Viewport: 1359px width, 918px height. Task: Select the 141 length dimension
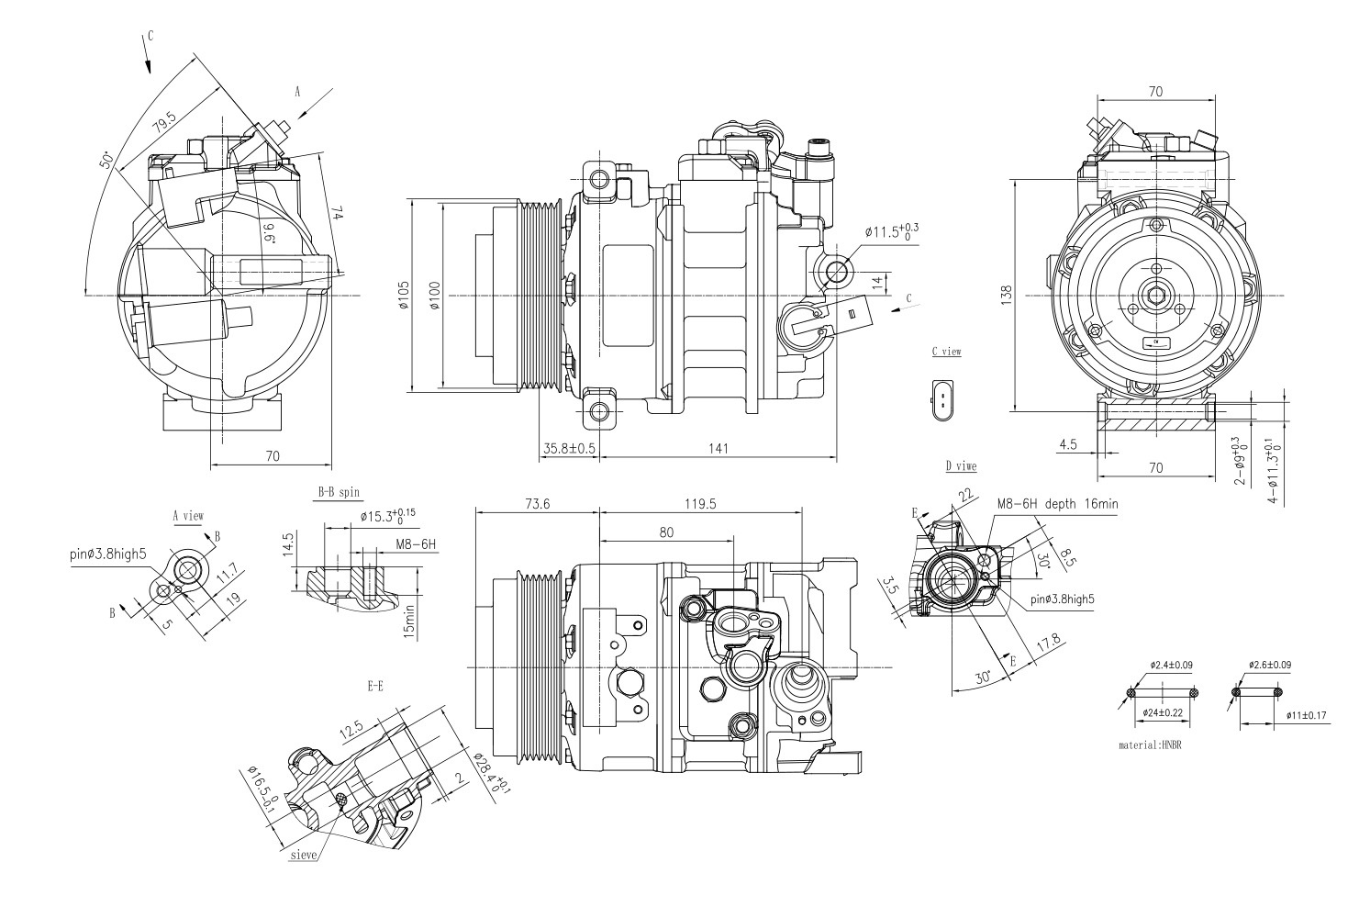718,448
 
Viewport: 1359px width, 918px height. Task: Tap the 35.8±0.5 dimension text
569,448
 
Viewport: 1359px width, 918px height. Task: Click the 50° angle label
106,161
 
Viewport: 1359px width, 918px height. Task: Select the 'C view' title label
945,352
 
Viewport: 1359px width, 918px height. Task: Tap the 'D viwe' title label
960,465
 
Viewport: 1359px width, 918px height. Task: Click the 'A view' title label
187,516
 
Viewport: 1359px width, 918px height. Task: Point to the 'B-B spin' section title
339,493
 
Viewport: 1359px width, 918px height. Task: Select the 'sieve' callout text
303,854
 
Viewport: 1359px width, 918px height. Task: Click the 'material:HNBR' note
1150,745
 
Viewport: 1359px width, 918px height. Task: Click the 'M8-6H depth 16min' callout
1057,504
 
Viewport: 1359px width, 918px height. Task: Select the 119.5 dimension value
700,504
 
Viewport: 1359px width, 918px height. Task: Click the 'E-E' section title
374,685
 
